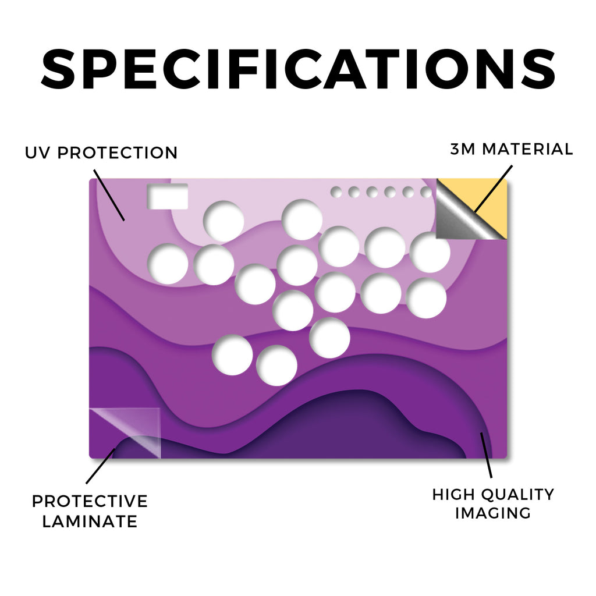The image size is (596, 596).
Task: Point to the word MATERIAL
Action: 527,149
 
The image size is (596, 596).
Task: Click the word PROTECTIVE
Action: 90,501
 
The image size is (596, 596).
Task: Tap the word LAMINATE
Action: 90,521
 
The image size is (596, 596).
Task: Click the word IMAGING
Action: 493,513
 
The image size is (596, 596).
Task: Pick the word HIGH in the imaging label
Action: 453,495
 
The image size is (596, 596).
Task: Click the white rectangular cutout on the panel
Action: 168,196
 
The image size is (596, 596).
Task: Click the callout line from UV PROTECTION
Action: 109,196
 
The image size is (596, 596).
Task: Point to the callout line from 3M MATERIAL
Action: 494,189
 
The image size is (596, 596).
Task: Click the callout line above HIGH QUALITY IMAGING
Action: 486,455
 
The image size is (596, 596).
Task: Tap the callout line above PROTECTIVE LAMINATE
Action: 100,466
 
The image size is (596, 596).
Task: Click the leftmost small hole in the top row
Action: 336,192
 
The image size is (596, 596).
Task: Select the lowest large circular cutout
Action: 276,366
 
